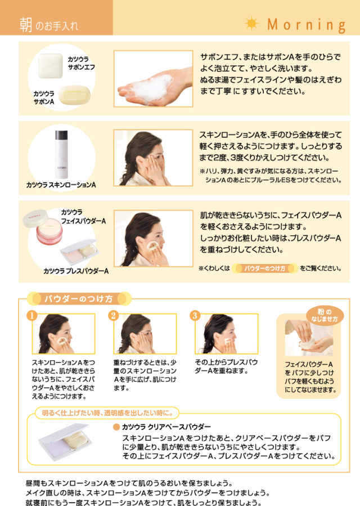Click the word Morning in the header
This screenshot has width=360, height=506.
pos(306,25)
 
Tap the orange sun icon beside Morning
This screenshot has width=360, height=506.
pos(251,23)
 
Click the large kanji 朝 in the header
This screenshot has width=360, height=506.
pos(25,25)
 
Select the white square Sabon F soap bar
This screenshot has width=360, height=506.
pos(50,66)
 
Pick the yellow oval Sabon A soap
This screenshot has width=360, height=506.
pos(74,95)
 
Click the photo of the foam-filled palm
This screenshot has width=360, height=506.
pos(153,78)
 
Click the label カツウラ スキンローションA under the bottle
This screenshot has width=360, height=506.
pos(61,185)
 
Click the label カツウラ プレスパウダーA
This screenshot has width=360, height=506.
pos(76,271)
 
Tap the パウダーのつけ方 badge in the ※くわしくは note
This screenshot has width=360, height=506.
pos(265,268)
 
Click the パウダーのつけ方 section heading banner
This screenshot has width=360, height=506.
pos(79,299)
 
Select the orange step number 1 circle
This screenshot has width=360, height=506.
pos(31,315)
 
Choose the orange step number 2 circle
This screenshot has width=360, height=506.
pos(113,315)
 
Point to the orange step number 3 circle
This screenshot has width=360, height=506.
pos(195,315)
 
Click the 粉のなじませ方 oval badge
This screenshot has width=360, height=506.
pos(325,315)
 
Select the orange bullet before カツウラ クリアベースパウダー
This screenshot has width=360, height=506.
pos(116,427)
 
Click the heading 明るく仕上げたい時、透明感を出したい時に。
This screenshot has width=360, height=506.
pos(107,413)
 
